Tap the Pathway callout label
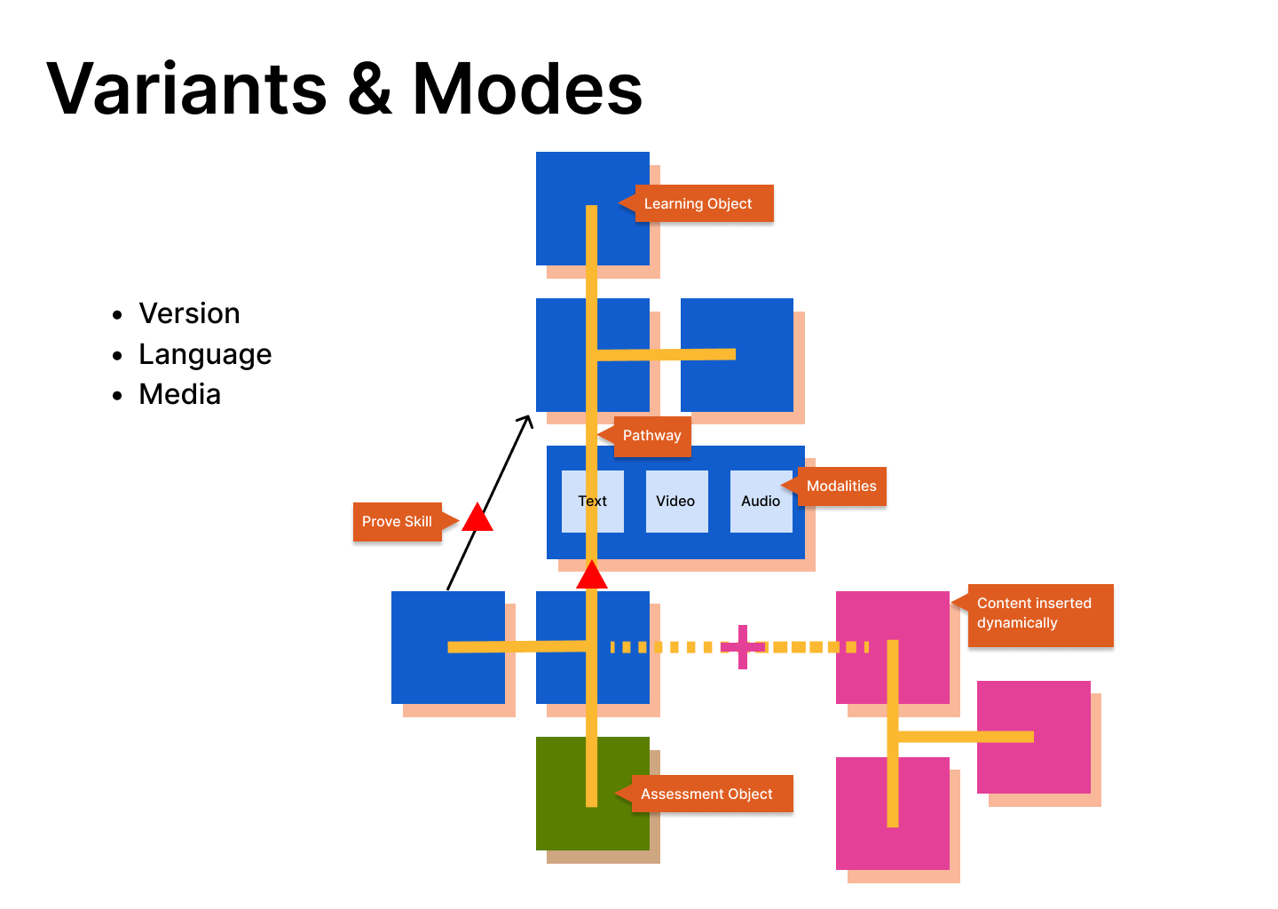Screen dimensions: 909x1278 (x=652, y=436)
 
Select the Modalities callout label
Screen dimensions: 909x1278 (x=841, y=486)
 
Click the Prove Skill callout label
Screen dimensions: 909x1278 (x=398, y=522)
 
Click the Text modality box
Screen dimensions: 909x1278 (x=593, y=502)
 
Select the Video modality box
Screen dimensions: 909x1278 (x=676, y=502)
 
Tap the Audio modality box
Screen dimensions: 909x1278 (x=761, y=502)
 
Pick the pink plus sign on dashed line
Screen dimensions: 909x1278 (x=743, y=646)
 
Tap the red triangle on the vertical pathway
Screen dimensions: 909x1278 (x=592, y=576)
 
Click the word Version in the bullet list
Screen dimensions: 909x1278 (x=189, y=313)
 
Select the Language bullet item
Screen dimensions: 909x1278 (x=205, y=354)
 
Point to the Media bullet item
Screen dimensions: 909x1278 (x=179, y=394)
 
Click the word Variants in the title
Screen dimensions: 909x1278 (x=186, y=89)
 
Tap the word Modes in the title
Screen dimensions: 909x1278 (x=527, y=89)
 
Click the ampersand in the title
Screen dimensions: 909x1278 (x=370, y=89)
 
